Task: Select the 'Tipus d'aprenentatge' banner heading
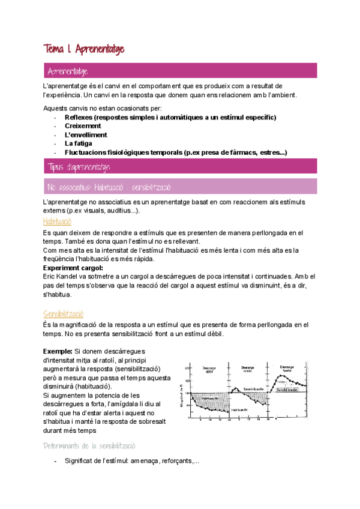click(x=78, y=166)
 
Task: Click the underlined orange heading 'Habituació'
click(x=59, y=221)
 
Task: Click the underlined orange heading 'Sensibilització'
click(x=63, y=313)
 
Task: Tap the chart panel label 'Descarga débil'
click(x=209, y=369)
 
